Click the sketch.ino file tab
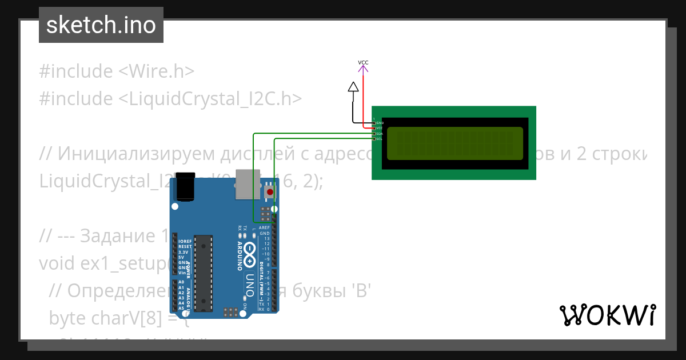101,25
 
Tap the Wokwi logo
607,315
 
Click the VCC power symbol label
363,62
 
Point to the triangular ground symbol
353,87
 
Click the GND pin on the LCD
374,123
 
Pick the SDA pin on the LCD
374,134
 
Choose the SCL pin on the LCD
374,139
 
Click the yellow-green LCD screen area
454,143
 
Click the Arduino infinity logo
250,255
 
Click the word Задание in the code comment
114,235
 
